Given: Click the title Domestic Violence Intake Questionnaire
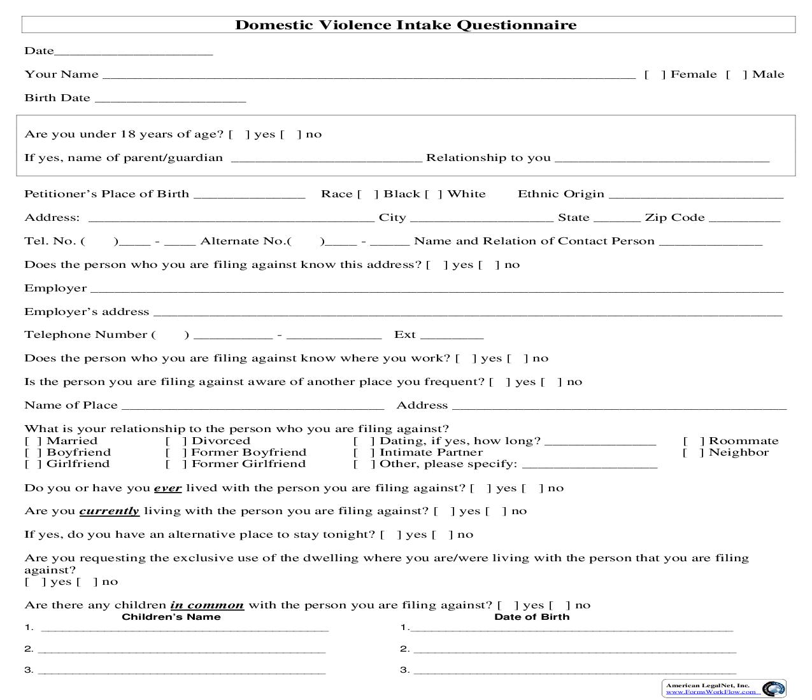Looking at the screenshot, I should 406,25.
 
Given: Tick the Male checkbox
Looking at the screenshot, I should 736,74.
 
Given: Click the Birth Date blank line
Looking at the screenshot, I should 169,99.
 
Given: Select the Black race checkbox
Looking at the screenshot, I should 367,194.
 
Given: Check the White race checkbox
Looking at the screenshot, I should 434,194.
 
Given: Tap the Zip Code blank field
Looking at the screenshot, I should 744,218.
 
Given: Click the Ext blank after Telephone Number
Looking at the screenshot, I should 452,335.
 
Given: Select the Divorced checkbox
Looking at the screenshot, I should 176,441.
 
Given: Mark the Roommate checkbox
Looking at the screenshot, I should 694,441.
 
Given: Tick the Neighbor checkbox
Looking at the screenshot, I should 694,452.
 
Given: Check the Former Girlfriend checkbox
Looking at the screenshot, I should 176,464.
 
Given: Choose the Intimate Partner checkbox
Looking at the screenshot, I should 364,452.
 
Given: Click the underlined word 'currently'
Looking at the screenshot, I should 109,511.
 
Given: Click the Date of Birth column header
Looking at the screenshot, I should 532,617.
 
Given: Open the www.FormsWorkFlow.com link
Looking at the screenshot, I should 711,692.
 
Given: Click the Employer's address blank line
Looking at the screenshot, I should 467,312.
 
